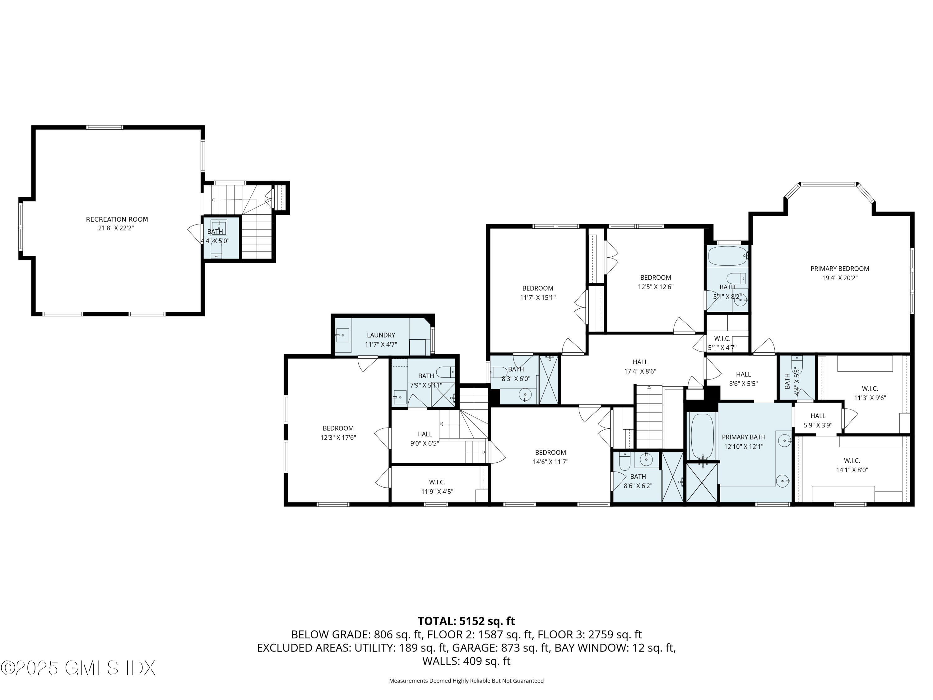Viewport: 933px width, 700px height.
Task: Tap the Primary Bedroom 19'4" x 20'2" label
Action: click(839, 273)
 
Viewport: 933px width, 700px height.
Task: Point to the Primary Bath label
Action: click(743, 441)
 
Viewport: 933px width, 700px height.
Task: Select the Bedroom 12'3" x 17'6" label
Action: click(338, 432)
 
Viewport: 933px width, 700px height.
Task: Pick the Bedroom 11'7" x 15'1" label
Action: click(537, 292)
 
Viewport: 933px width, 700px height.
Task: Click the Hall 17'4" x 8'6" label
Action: click(640, 366)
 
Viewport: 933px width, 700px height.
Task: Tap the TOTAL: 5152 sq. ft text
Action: click(466, 621)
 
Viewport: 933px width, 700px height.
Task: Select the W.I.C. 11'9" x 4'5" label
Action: click(437, 487)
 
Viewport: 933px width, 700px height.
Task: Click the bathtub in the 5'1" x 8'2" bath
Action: click(727, 256)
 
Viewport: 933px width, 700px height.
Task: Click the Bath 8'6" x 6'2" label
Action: click(638, 481)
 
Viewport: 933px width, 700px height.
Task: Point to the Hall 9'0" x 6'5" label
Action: click(424, 438)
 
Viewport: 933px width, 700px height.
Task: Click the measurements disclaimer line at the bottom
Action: click(466, 681)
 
